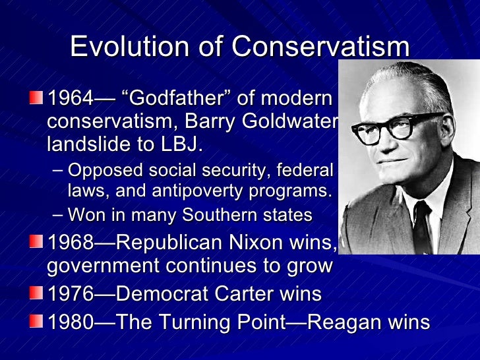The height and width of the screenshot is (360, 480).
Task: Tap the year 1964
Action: [x=69, y=100]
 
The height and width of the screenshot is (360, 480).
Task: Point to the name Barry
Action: [x=222, y=122]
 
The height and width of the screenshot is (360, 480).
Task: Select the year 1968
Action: [x=69, y=243]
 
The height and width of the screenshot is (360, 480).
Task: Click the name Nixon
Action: [x=258, y=243]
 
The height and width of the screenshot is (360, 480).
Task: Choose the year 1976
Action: [x=69, y=293]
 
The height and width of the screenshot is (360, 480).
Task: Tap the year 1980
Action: [x=69, y=322]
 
